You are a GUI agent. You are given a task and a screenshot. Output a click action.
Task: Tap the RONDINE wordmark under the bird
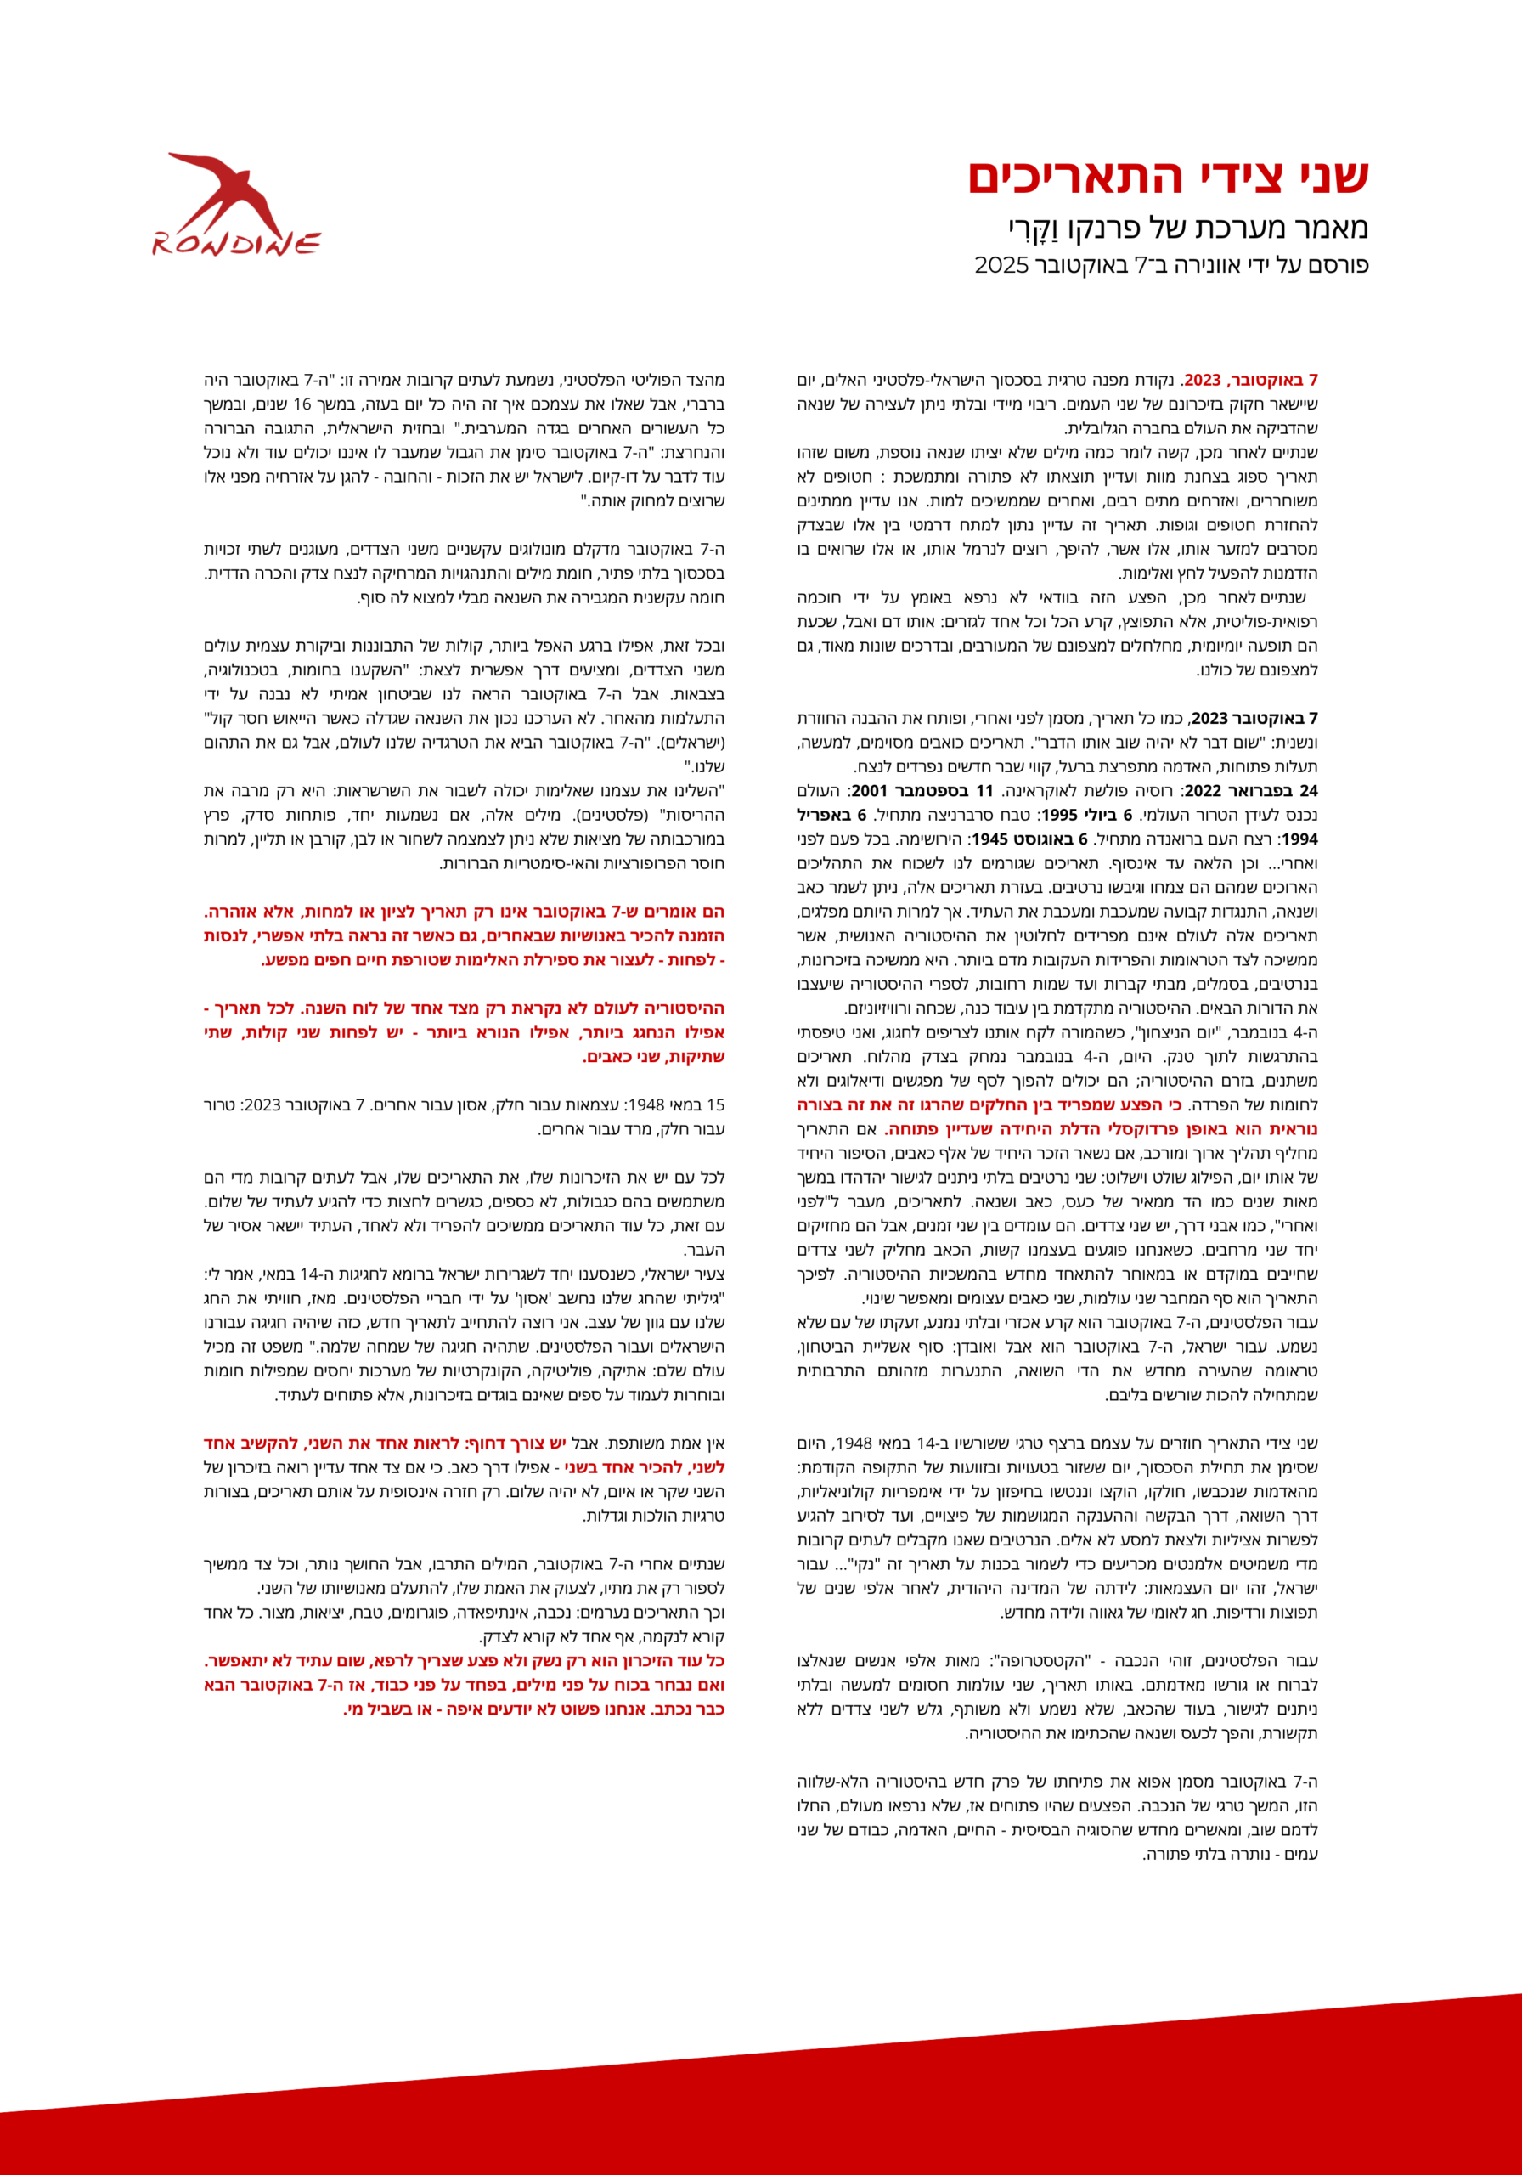[237, 245]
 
